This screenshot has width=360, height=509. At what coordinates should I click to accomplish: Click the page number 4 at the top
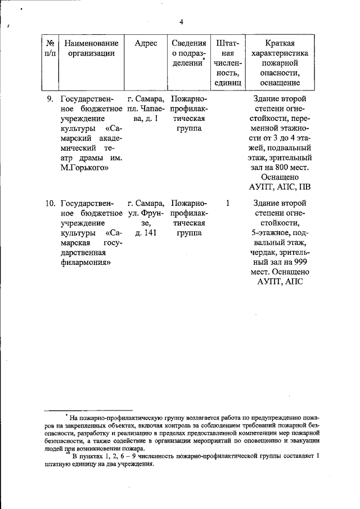point(181,22)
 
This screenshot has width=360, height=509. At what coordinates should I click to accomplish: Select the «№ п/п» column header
point(49,48)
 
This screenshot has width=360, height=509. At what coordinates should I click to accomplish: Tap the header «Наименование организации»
point(91,48)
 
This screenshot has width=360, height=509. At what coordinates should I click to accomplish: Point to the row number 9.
point(49,100)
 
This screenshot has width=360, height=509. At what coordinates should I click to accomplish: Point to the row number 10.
point(49,202)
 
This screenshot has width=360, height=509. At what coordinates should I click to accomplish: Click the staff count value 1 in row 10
point(227,202)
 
